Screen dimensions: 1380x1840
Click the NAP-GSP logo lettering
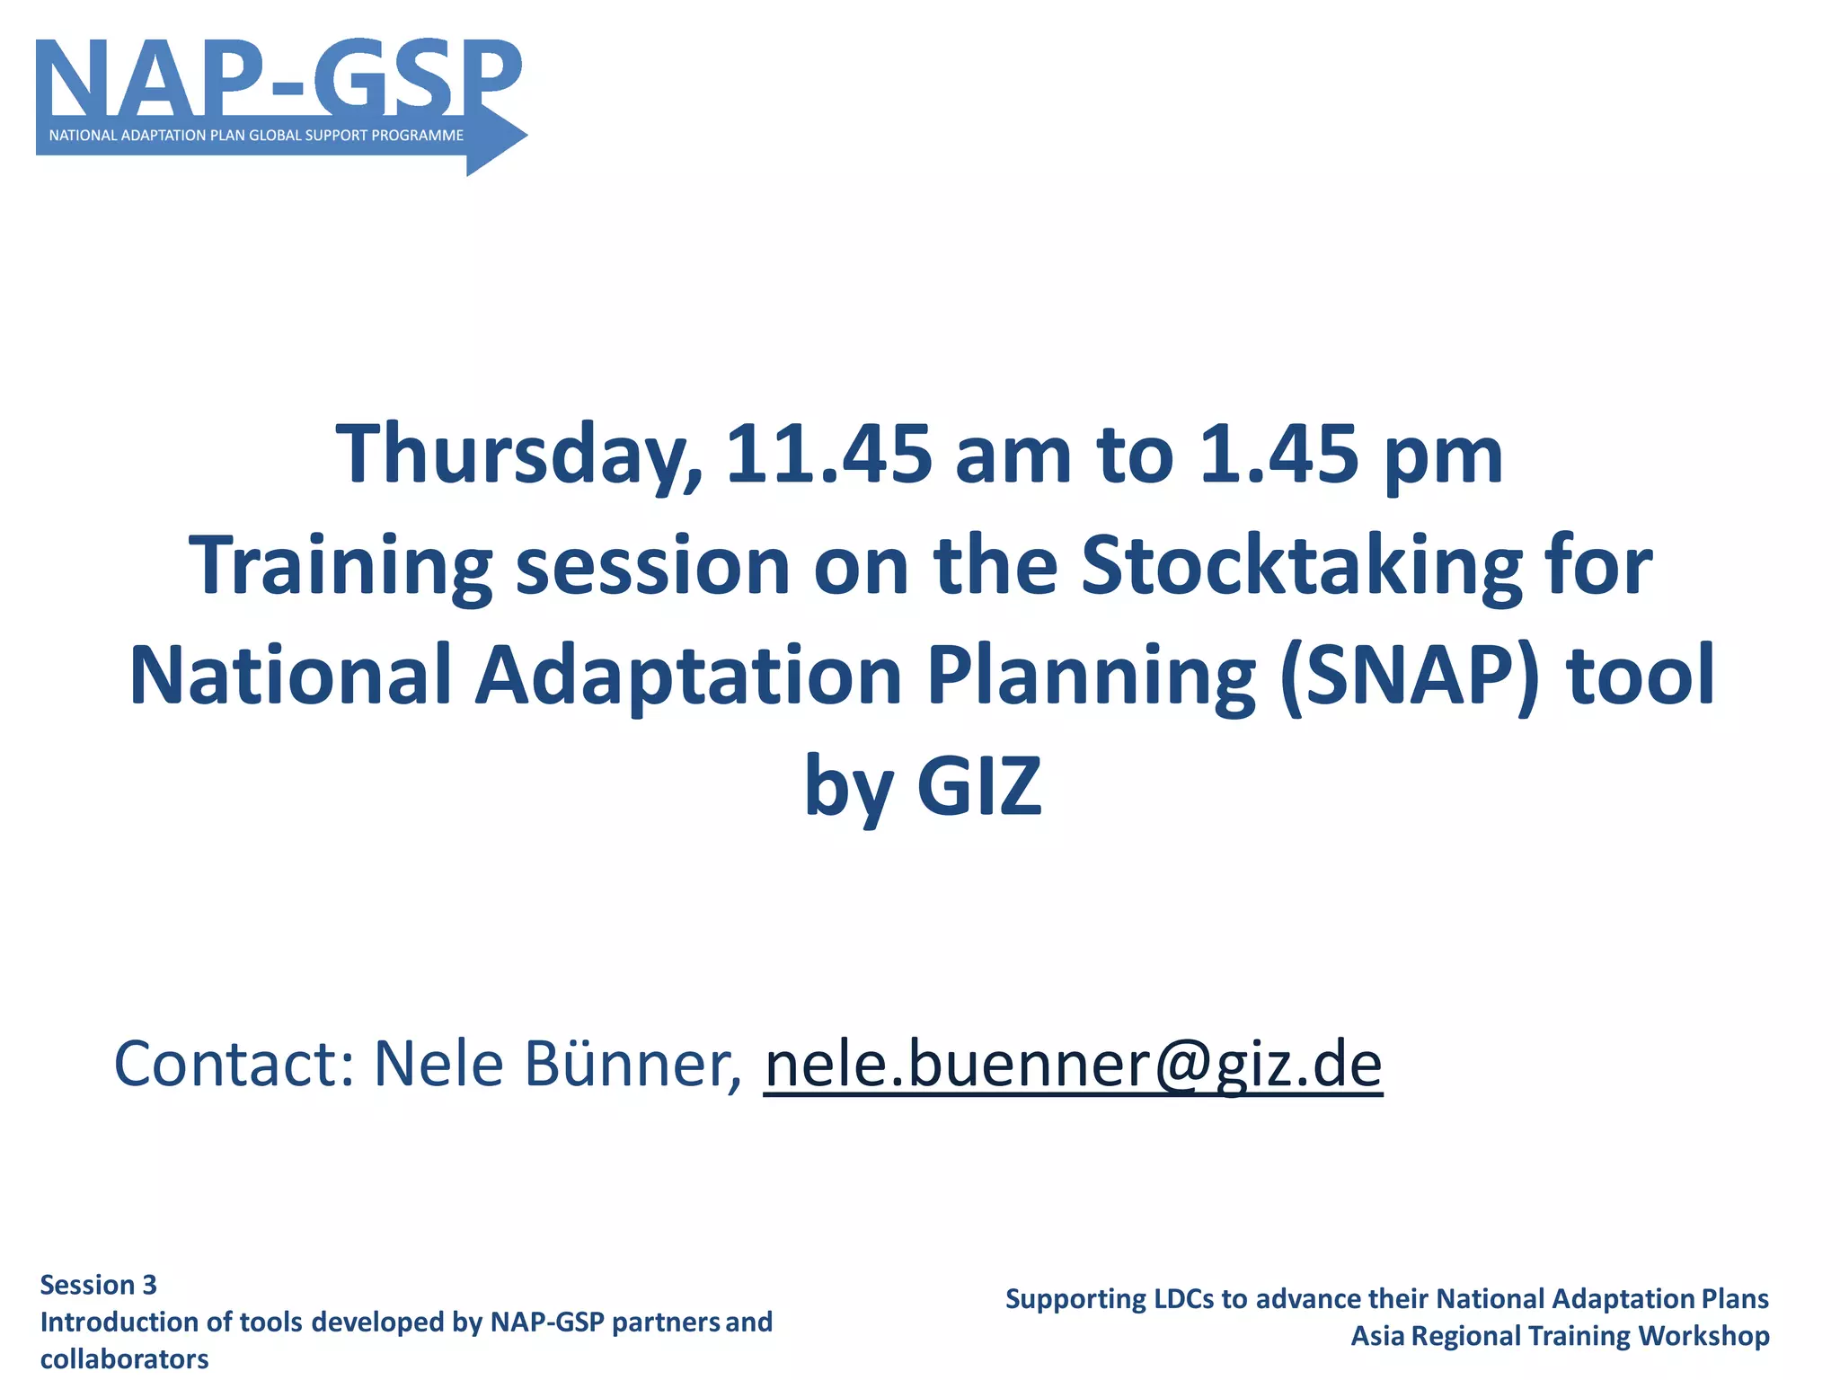[x=279, y=79]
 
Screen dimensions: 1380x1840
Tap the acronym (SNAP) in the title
[x=1410, y=676]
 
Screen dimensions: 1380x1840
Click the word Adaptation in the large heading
[x=688, y=676]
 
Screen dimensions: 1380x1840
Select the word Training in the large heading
[x=341, y=565]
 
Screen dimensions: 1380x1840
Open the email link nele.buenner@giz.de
[x=1073, y=1064]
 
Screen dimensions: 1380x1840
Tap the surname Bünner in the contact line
[x=632, y=1064]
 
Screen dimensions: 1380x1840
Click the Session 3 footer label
[x=99, y=1285]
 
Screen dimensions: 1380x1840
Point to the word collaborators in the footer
[x=125, y=1358]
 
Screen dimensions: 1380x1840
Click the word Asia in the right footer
[x=1377, y=1336]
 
